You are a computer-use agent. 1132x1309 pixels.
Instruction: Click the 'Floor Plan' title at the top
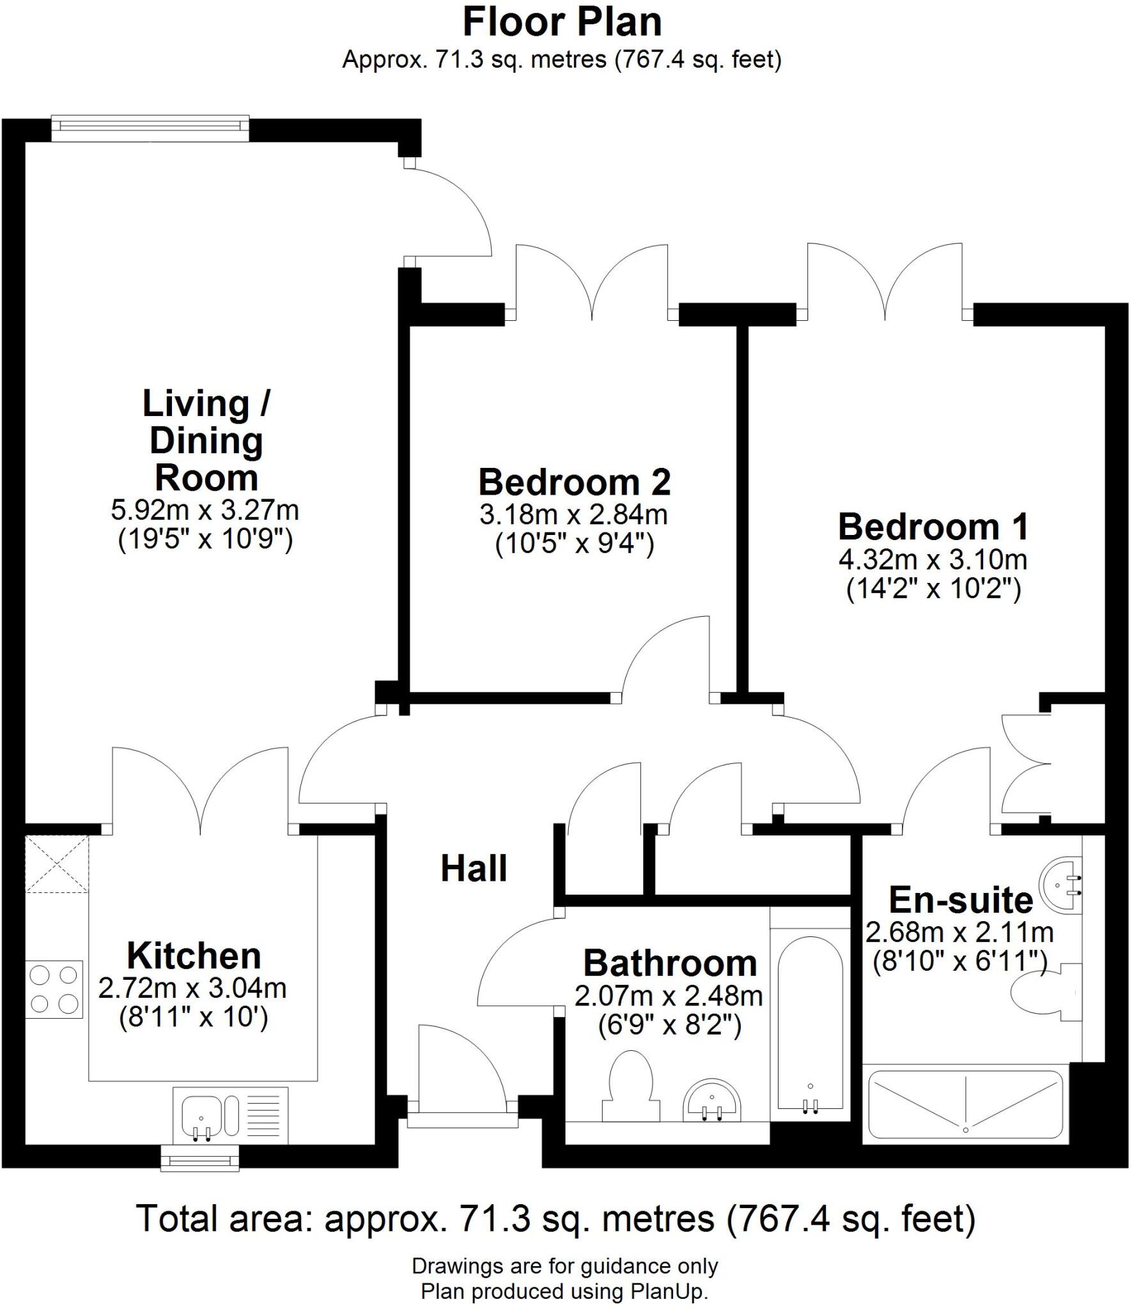[562, 23]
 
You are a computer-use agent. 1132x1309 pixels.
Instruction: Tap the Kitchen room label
[194, 956]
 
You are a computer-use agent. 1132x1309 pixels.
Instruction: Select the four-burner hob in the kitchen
[54, 989]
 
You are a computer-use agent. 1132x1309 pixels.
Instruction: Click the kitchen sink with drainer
[230, 1115]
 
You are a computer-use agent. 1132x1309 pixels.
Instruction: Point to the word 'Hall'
[474, 869]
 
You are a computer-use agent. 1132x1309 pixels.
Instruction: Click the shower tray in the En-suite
[965, 1106]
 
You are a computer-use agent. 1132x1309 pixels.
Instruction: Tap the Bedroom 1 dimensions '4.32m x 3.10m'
[933, 560]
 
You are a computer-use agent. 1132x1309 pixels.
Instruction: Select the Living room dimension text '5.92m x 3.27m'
[205, 510]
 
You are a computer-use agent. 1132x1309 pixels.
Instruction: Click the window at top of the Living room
[150, 128]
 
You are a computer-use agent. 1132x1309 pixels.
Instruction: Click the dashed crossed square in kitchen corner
[56, 864]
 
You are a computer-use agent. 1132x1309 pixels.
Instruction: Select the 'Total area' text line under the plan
[556, 1220]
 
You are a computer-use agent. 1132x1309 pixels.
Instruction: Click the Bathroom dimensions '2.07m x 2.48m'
[669, 996]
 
